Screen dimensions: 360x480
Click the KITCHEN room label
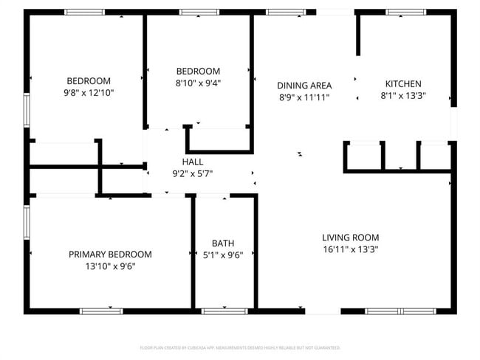[403, 84]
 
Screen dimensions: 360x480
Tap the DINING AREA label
[304, 85]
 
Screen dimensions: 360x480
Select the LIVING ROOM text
[350, 238]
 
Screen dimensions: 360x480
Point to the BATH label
[223, 243]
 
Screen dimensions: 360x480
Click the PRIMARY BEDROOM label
[110, 254]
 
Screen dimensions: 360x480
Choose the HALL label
[193, 162]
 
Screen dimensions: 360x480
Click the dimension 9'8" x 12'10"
[89, 93]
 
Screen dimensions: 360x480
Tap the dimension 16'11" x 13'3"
[350, 249]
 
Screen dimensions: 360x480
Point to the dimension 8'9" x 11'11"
[304, 97]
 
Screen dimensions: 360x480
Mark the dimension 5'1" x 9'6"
[223, 255]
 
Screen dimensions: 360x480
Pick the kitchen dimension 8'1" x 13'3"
[403, 96]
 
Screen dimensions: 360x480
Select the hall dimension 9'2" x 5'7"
[193, 173]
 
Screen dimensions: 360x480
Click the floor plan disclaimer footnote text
[240, 347]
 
